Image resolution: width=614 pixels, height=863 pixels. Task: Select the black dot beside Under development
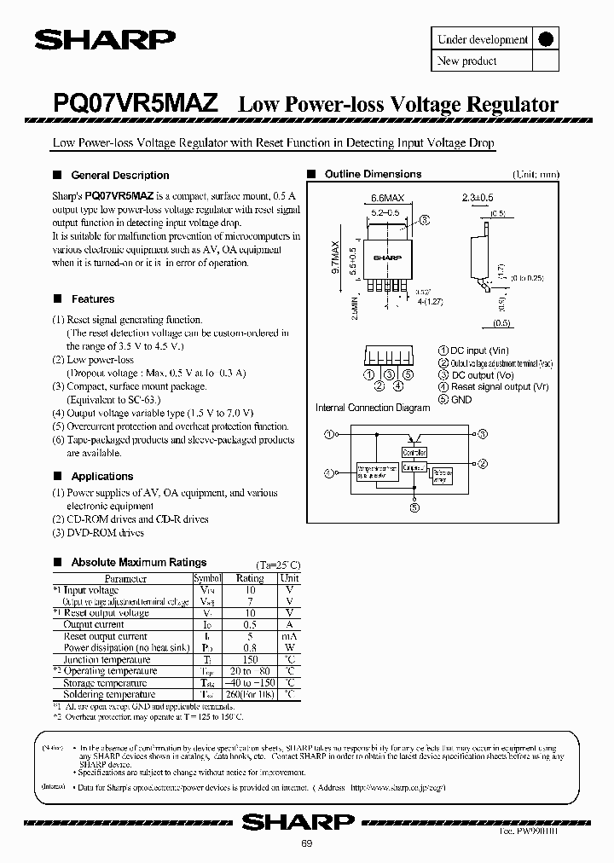pos(545,39)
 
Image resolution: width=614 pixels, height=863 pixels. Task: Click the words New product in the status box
pos(466,61)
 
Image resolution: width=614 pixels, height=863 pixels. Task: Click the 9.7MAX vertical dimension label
pos(335,267)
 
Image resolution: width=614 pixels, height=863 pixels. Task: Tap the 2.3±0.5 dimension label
pos(478,198)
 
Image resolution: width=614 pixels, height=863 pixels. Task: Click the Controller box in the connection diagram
pos(414,452)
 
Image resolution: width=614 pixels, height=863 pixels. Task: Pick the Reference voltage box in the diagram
pos(442,474)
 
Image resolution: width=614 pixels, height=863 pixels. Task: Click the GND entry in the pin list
pos(461,399)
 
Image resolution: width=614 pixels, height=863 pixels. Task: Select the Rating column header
pos(249,578)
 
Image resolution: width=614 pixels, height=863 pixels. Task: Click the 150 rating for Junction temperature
pos(249,659)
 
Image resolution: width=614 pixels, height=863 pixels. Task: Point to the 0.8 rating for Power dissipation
pos(249,647)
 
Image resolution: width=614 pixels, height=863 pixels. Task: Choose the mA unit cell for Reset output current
pos(290,636)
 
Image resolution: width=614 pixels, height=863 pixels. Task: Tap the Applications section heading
pos(102,476)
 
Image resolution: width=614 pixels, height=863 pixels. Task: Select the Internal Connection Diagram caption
pos(373,408)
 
